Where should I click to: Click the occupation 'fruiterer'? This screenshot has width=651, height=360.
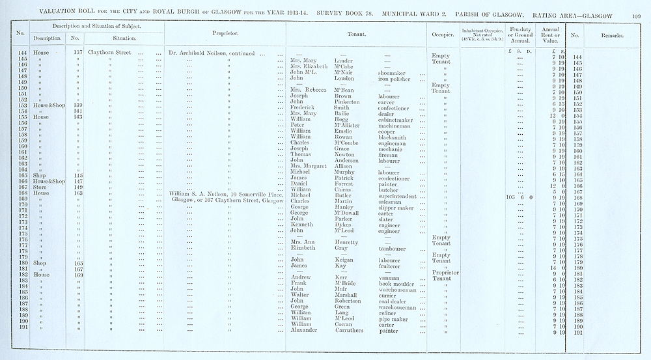click(x=393, y=266)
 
